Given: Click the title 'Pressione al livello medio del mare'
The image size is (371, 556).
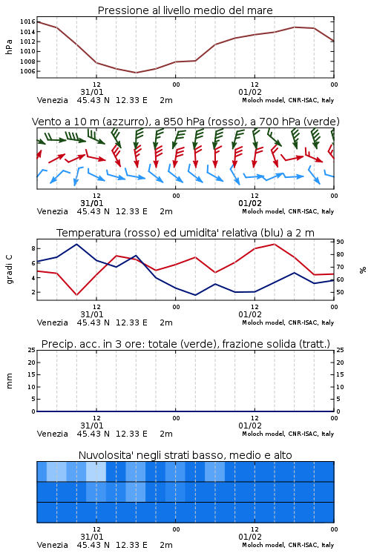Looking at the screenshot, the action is coord(185,10).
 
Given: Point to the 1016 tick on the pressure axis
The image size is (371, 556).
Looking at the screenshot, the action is coord(27,22).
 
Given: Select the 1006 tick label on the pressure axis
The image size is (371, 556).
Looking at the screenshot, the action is coord(27,71).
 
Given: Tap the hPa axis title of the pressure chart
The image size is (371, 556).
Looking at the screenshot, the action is coord(9,47).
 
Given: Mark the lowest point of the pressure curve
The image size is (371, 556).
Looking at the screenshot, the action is coord(136,73).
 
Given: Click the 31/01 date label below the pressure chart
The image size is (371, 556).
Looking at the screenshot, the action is coord(92,92).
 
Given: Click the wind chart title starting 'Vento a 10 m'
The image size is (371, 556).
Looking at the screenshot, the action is coord(185,122).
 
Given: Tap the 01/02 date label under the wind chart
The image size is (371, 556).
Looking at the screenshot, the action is coord(250,204).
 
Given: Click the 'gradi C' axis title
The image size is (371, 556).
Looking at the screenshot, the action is coord(9,269).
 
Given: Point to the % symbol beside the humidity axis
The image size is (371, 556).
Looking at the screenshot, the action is coord(363,270).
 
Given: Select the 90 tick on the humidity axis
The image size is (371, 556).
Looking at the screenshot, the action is coord(340,242).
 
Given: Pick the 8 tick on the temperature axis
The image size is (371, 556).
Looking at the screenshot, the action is coord(33,248).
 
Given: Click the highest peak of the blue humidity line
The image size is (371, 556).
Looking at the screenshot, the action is coord(76,244).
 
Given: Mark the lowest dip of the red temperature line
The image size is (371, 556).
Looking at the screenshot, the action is coord(76,295).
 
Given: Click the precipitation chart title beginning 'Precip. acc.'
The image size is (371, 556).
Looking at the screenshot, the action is coord(185,344).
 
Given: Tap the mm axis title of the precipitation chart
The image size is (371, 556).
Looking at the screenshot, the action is coord(9,381).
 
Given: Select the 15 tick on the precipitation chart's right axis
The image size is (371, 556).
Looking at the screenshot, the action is coord(340,374).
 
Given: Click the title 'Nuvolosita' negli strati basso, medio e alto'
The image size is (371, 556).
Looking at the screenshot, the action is coord(185,455).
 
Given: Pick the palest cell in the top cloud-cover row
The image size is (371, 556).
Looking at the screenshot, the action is coord(96,471).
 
